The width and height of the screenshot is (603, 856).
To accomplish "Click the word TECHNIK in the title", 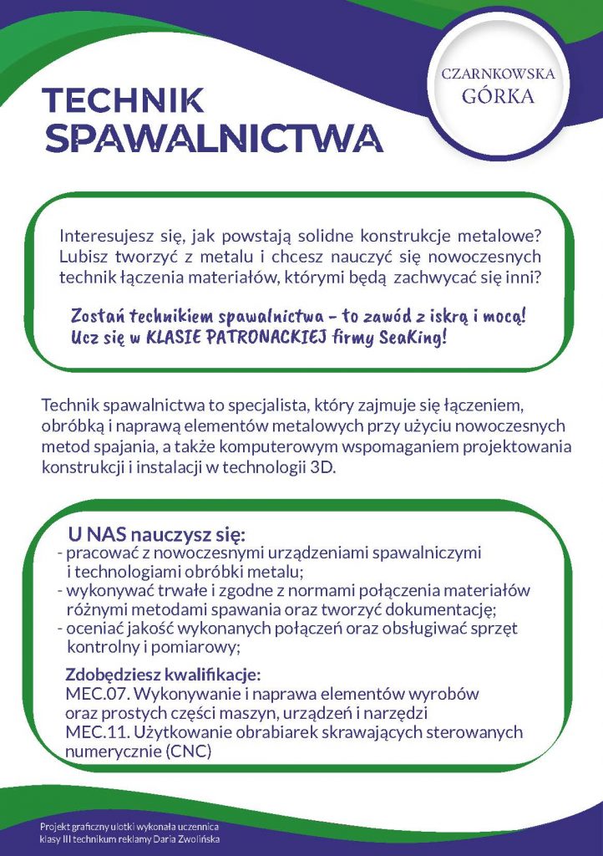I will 123,99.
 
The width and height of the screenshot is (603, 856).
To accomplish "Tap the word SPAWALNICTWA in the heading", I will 214,138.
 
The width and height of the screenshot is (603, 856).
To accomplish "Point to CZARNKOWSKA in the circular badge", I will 498,74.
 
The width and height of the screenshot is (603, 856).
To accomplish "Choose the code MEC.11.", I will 92,732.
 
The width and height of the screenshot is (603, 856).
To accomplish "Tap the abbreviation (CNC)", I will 188,751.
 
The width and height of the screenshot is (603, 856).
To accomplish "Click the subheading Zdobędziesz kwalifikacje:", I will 164,675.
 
